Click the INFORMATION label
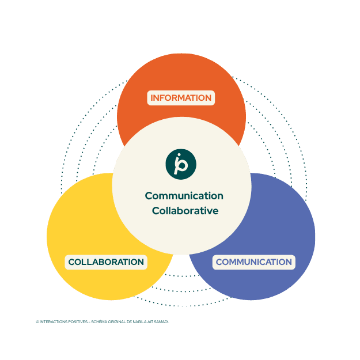[x=181, y=98]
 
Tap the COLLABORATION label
[x=106, y=262]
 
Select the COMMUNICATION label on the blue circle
[x=254, y=262]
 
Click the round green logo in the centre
[x=181, y=164]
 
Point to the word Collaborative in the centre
[x=185, y=211]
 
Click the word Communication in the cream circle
[x=184, y=196]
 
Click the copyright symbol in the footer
[x=37, y=322]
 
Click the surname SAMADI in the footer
[x=162, y=322]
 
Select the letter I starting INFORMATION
[x=152, y=98]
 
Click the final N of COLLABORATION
[x=140, y=262]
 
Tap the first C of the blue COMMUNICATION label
[x=219, y=262]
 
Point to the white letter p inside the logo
[x=183, y=165]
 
